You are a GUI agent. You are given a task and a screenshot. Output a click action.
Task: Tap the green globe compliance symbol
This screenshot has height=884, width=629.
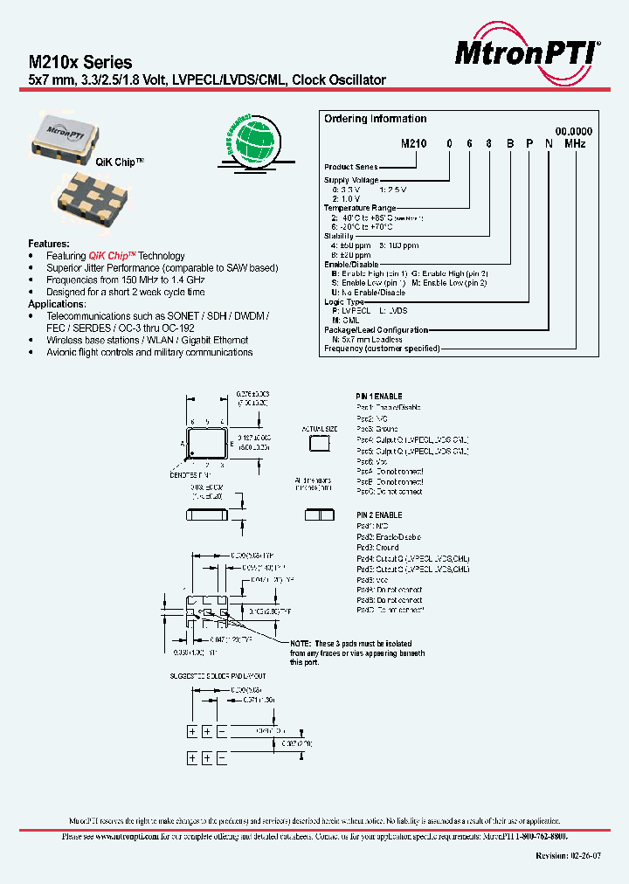coord(254,141)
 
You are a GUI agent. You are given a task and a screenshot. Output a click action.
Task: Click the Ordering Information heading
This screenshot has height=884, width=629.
coord(375,119)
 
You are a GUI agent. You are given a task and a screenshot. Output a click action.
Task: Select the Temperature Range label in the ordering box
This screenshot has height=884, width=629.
coord(360,208)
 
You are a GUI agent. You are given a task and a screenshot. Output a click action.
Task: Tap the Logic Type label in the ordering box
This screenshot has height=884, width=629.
coord(347,301)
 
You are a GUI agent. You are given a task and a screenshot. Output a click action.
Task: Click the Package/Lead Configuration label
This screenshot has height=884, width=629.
coord(377,330)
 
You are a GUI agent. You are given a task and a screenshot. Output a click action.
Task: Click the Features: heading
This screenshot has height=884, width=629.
coord(49,244)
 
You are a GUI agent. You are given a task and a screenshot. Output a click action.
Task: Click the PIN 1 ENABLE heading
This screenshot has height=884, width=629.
coord(379,397)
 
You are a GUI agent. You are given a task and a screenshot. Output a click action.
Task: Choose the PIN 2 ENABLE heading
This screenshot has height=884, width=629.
coord(379,515)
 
